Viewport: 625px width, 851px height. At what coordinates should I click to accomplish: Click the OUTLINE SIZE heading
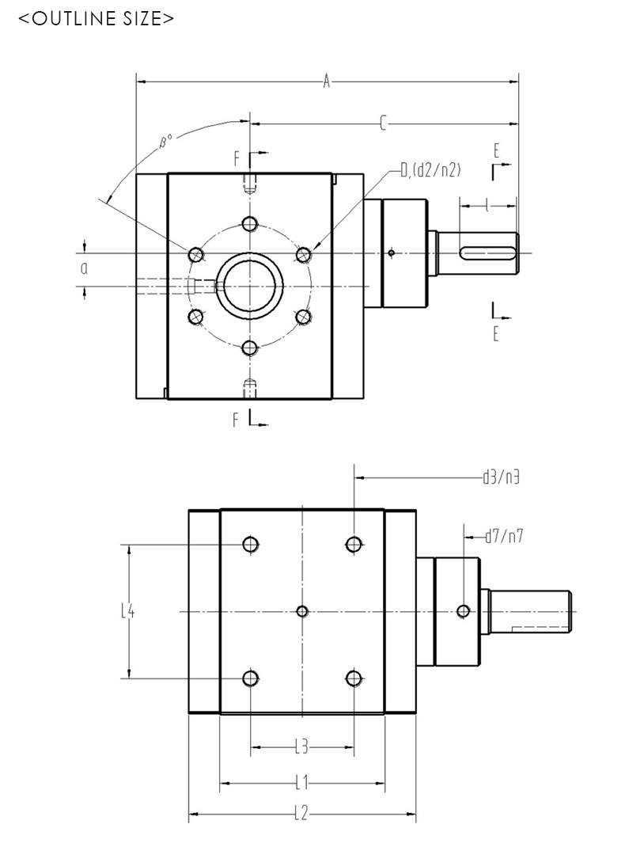tap(96, 18)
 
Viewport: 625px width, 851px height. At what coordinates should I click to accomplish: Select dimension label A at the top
tap(326, 81)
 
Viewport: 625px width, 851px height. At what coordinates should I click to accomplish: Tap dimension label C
tap(384, 123)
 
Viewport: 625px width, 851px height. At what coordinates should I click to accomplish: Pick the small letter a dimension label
tap(84, 268)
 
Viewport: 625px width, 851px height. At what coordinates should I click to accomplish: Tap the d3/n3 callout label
tap(502, 477)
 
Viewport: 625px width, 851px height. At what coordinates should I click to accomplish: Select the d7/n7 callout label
tap(504, 537)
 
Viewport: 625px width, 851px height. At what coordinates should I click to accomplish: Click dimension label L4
tap(127, 610)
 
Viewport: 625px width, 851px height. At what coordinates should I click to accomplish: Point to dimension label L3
tap(301, 746)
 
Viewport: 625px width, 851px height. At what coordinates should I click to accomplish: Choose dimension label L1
tap(301, 784)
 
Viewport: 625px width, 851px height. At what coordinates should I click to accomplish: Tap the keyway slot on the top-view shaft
tap(489, 253)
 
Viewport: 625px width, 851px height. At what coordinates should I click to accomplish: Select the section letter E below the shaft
tap(496, 333)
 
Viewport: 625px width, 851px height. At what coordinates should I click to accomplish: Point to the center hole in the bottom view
tap(301, 610)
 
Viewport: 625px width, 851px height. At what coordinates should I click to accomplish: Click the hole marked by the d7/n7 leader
tap(464, 610)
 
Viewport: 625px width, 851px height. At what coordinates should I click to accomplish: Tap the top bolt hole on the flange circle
tap(250, 222)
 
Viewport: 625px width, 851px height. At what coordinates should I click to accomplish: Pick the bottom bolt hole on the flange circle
tap(250, 347)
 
